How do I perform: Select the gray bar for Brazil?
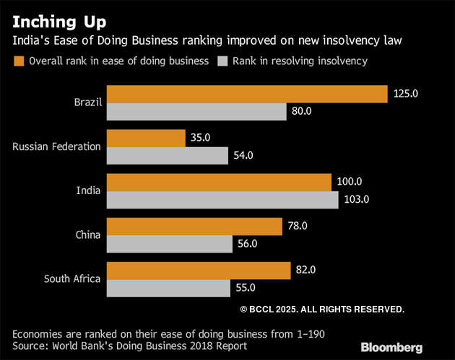[x=196, y=111]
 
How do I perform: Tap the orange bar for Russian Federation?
[x=146, y=138]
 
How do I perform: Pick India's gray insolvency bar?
[x=222, y=199]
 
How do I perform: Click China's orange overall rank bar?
[x=194, y=226]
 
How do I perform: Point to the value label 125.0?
[x=407, y=94]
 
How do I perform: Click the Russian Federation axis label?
[x=57, y=146]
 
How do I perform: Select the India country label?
[x=88, y=190]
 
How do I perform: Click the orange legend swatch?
[x=19, y=61]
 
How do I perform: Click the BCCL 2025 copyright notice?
[x=321, y=309]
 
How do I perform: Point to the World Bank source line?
[x=130, y=346]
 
